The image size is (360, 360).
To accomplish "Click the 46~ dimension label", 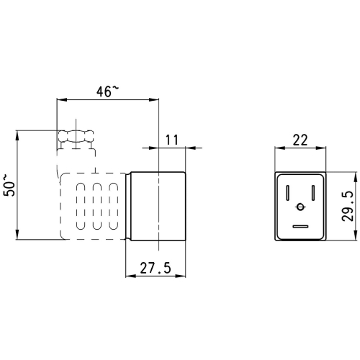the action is click(x=107, y=91).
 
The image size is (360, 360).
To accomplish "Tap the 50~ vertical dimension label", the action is click(x=9, y=186).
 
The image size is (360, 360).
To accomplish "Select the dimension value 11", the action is click(x=172, y=140).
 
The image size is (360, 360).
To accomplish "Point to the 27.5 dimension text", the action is click(x=156, y=268).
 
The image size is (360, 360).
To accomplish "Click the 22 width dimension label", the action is click(x=300, y=140).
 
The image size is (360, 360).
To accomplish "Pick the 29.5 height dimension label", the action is click(x=348, y=206).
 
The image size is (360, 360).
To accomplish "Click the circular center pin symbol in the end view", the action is click(x=300, y=207).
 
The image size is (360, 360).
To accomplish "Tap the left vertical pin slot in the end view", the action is click(x=287, y=193).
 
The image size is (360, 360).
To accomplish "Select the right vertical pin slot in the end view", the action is click(x=313, y=193).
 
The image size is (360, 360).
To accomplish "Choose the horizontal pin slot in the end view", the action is click(x=300, y=226).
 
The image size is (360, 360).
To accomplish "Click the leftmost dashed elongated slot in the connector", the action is click(x=81, y=206).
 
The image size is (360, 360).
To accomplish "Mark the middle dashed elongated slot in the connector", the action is click(x=97, y=206).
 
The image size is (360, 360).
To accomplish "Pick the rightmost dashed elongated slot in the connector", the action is click(x=114, y=206).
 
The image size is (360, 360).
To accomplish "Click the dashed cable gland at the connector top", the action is click(x=76, y=137).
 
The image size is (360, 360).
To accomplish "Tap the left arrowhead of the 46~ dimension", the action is click(x=61, y=99).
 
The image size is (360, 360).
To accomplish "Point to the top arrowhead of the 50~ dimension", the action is click(x=17, y=135).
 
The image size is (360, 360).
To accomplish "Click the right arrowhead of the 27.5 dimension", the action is click(x=181, y=276).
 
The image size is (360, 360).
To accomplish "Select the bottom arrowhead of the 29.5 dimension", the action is click(x=355, y=235).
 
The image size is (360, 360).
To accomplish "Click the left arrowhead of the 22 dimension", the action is click(x=279, y=148).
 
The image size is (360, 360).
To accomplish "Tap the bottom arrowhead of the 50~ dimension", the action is click(x=17, y=235).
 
